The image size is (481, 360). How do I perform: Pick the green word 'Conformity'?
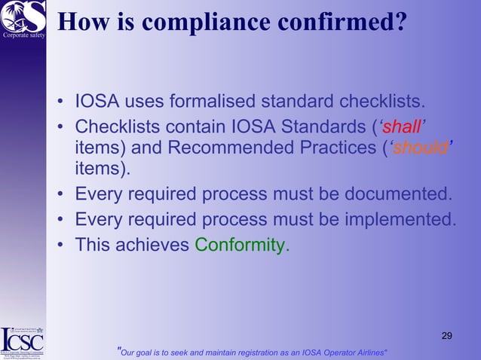240,245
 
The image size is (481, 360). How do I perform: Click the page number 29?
447,335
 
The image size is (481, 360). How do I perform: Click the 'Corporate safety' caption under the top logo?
23,35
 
